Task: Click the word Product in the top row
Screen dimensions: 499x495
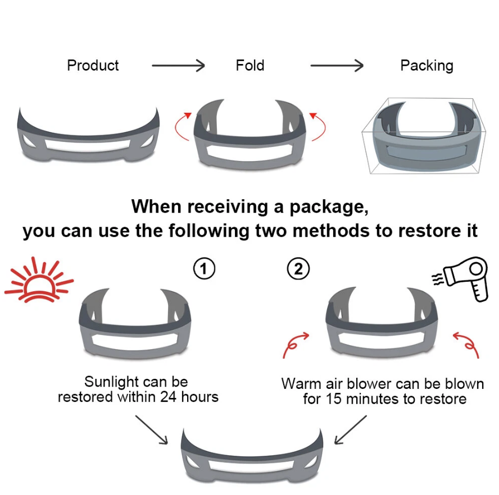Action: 93,65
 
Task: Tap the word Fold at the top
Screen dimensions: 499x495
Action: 249,65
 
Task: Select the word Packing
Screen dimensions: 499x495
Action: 427,65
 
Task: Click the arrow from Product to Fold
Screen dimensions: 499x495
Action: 178,66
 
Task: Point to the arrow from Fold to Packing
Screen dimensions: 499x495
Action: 337,66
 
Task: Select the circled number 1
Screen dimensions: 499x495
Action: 204,269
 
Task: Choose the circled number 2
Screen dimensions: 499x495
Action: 298,269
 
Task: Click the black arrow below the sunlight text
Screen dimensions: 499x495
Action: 151,430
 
